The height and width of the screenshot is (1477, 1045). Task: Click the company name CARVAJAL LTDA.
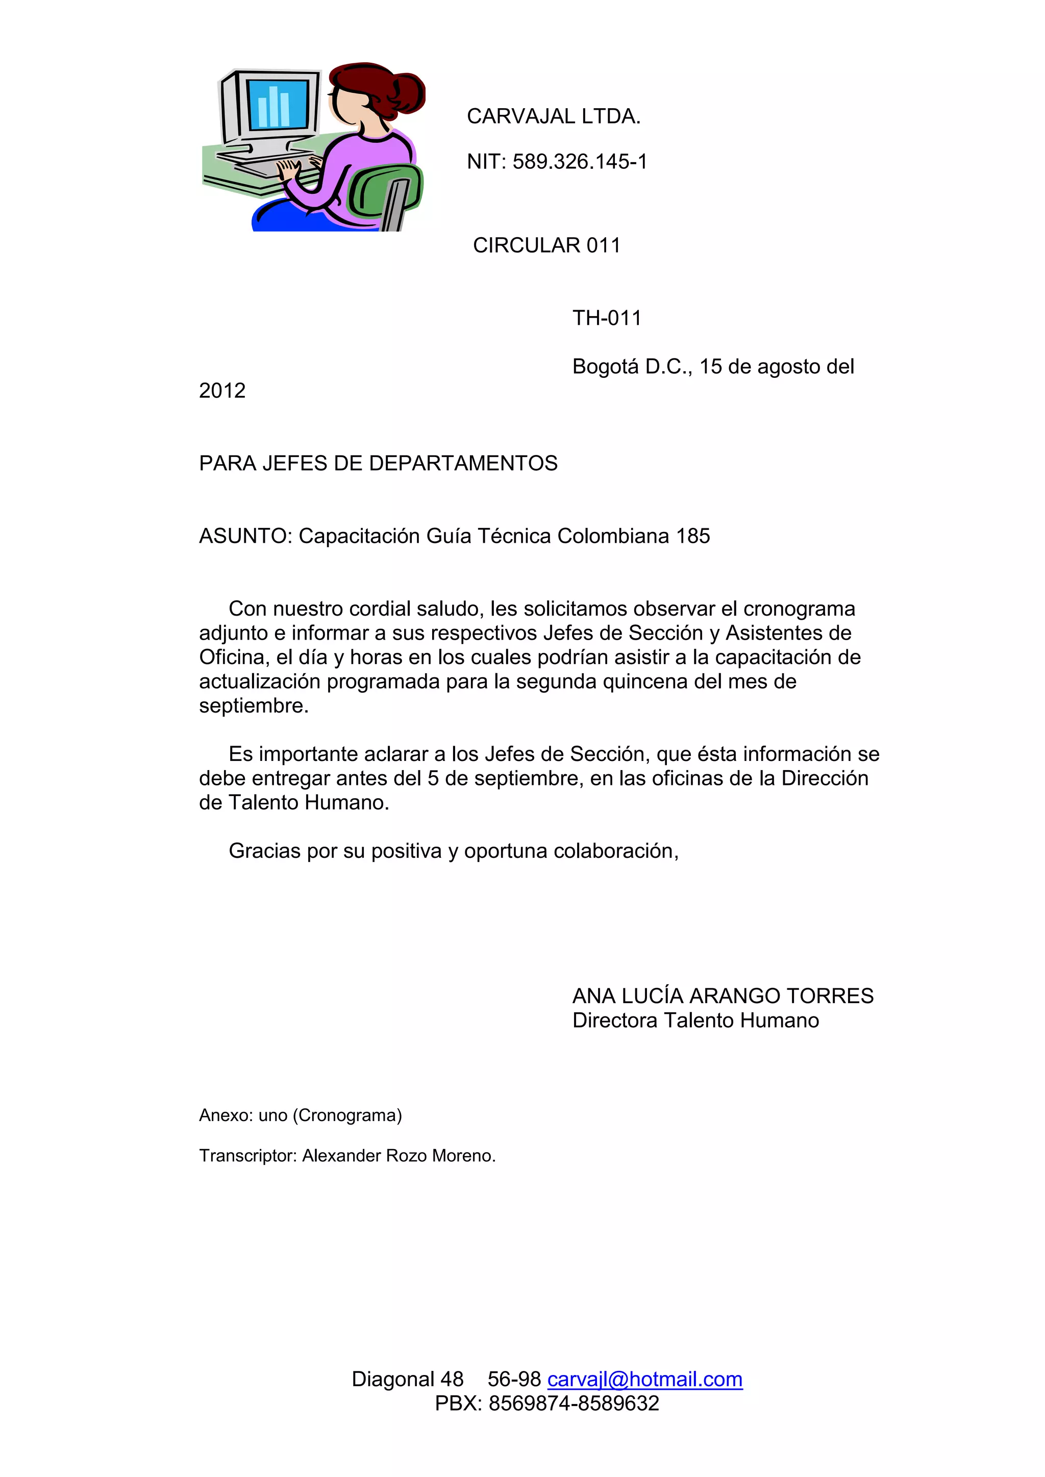point(554,116)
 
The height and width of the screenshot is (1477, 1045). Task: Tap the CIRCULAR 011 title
point(546,245)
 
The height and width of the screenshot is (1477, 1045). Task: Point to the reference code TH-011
point(607,318)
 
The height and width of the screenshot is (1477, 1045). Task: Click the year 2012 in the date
point(222,391)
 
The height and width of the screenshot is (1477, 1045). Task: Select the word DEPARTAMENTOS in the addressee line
point(463,463)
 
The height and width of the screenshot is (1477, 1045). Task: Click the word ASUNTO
point(244,536)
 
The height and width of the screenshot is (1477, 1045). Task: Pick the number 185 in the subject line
point(693,536)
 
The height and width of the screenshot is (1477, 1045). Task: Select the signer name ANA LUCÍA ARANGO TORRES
point(723,996)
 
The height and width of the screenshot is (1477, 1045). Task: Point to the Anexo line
point(301,1115)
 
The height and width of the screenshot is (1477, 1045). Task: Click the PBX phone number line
point(547,1403)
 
